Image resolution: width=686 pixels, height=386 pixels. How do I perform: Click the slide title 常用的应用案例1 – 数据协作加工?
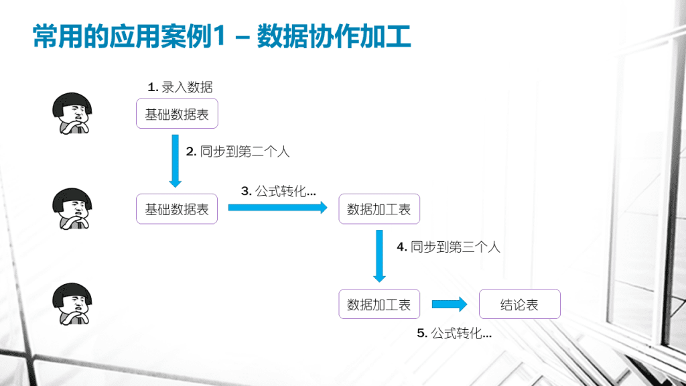click(x=222, y=36)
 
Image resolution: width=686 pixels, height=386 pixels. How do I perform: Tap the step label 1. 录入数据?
click(x=180, y=87)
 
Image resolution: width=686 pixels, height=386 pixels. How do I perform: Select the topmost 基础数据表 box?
click(x=177, y=114)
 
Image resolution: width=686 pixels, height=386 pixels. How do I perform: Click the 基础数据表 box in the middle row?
click(x=177, y=209)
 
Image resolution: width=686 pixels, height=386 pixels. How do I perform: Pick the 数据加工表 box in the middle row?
click(x=379, y=209)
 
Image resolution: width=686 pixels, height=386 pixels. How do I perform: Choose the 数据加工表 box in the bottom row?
click(x=379, y=304)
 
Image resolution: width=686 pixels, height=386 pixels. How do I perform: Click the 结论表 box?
click(x=520, y=304)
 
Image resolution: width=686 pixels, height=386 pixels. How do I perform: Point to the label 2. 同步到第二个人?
click(x=238, y=151)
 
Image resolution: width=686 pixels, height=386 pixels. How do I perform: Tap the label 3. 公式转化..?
click(x=278, y=191)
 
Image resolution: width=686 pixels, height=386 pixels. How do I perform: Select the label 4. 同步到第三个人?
click(x=448, y=247)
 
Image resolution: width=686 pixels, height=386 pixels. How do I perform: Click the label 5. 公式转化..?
click(x=454, y=333)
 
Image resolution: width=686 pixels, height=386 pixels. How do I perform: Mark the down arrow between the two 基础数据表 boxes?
click(x=176, y=161)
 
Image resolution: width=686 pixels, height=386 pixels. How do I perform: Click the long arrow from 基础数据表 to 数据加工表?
click(x=278, y=208)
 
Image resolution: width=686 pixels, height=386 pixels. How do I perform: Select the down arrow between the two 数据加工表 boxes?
click(x=379, y=256)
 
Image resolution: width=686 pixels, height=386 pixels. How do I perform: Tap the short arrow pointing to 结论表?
click(x=450, y=304)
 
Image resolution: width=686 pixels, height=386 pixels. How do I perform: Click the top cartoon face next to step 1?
click(x=72, y=113)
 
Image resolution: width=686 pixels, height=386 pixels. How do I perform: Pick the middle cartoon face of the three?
click(x=72, y=209)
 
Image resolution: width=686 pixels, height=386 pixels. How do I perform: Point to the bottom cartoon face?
click(x=72, y=304)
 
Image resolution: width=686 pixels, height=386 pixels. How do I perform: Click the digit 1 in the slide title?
click(x=219, y=36)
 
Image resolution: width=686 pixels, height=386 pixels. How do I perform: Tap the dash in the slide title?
click(x=242, y=38)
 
